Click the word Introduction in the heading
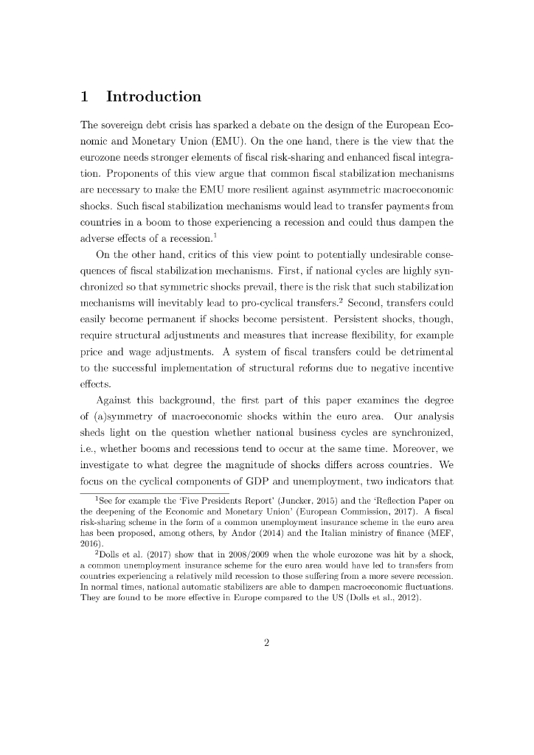click(153, 97)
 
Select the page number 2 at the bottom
click(266, 642)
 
